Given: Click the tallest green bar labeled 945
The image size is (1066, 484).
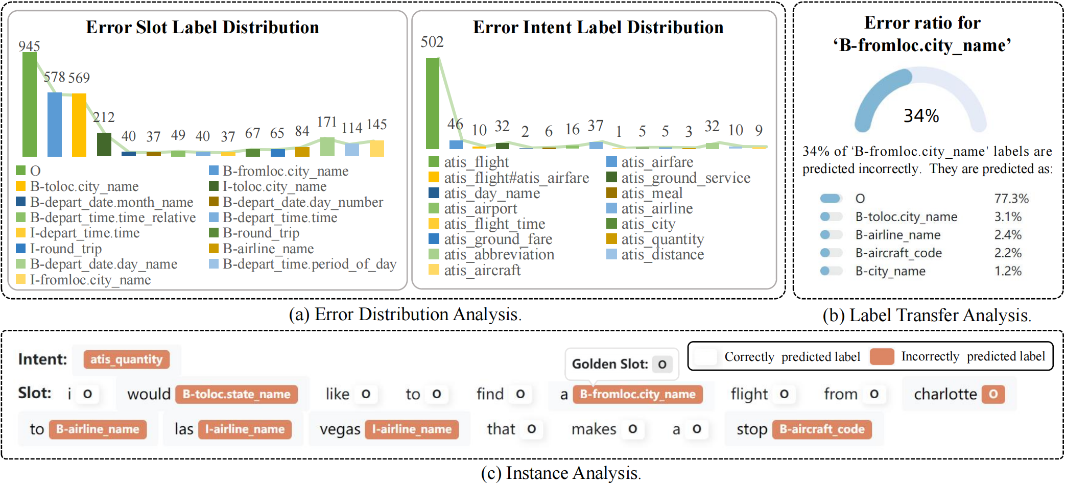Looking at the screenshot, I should tap(29, 105).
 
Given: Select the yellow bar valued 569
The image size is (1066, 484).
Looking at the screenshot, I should tap(79, 125).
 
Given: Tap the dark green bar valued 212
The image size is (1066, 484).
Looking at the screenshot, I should tap(104, 144).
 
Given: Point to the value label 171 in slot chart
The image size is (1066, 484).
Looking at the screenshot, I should tap(327, 123).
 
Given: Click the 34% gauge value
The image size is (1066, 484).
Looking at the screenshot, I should tap(921, 116).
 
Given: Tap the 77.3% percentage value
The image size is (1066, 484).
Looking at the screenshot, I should tap(1011, 199).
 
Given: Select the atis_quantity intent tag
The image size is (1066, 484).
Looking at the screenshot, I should tap(126, 359).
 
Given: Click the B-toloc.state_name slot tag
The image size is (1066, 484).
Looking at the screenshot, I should tap(236, 394).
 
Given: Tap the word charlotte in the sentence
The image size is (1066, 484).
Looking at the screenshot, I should tap(945, 394).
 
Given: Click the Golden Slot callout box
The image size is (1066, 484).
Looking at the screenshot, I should tap(621, 364).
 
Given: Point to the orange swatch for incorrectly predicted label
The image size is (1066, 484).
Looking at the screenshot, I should tap(882, 356).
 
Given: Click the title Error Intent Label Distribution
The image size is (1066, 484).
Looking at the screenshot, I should tap(598, 27).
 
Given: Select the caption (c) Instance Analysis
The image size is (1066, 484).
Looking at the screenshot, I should tap(561, 473).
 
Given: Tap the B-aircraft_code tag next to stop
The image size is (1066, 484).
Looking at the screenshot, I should tap(822, 429).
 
